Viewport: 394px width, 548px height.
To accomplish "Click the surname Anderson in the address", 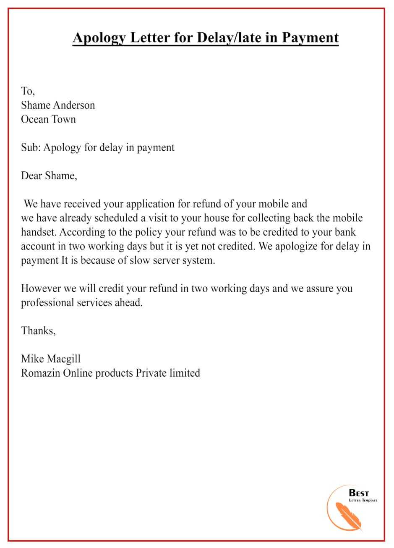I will [x=74, y=105].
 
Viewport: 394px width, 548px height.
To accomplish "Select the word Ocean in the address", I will [x=35, y=119].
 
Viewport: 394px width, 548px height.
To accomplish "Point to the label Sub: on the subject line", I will [x=31, y=147].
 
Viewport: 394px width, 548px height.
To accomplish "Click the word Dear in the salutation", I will [x=32, y=176].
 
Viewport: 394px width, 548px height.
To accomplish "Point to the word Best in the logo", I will [x=359, y=493].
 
